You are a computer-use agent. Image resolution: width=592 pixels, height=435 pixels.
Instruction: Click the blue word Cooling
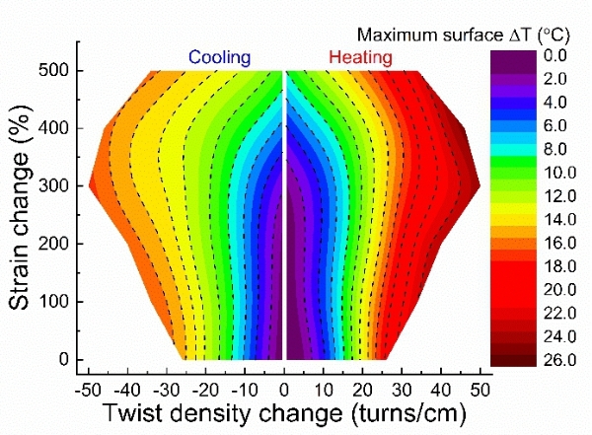pyautogui.click(x=220, y=58)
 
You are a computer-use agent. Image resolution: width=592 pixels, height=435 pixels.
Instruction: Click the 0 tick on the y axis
pyautogui.click(x=61, y=359)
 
